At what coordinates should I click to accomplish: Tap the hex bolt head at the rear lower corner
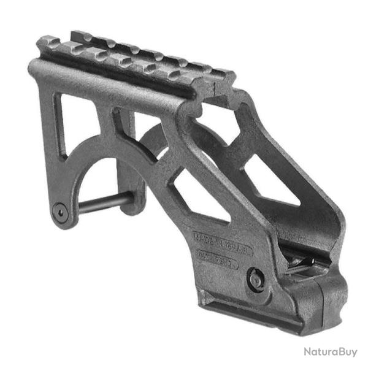(59, 210)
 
